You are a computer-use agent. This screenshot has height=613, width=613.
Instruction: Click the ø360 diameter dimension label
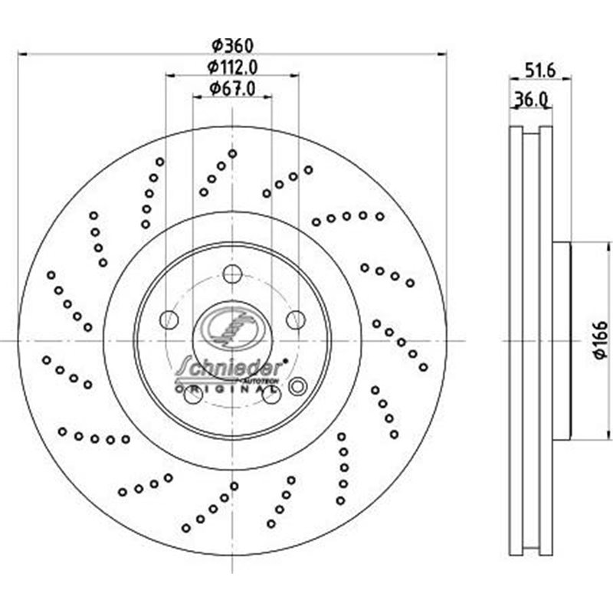[231, 46]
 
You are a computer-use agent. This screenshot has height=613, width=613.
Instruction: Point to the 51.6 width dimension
[539, 69]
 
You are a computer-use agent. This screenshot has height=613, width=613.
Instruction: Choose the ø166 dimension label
[599, 341]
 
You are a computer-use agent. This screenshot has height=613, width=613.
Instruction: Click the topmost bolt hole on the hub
[232, 273]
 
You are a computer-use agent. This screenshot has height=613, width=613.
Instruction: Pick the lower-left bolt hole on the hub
[193, 395]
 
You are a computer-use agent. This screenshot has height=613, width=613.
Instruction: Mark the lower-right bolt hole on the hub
[270, 395]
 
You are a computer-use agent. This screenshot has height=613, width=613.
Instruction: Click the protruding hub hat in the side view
[561, 341]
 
